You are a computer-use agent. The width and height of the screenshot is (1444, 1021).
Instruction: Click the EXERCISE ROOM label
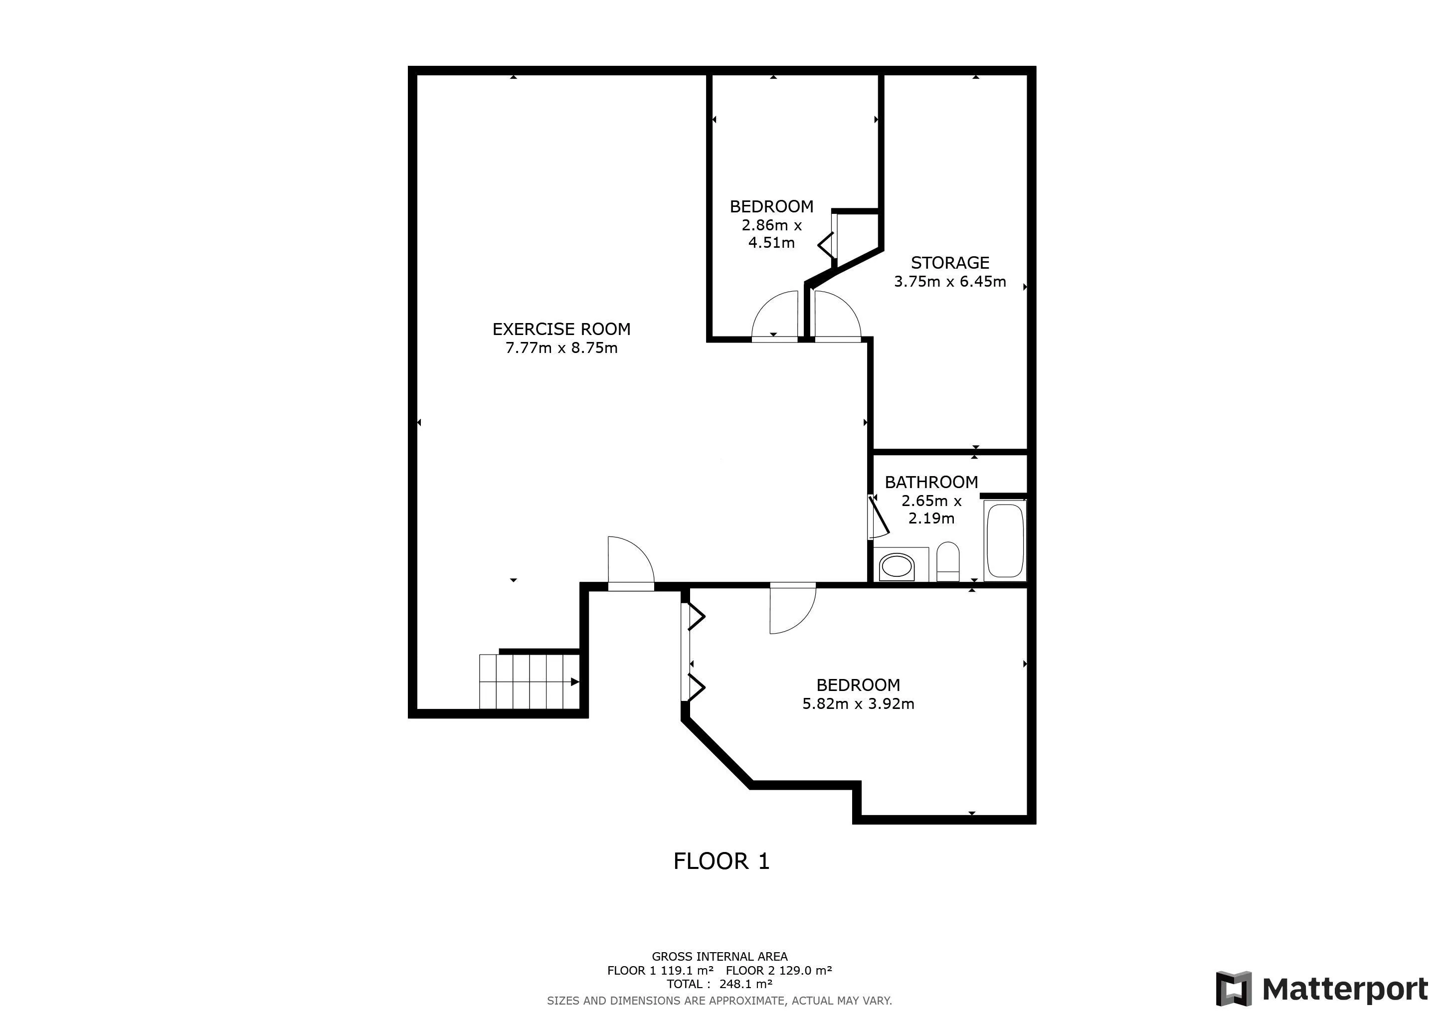[561, 329]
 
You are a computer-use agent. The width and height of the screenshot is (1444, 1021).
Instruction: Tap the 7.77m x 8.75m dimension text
[561, 347]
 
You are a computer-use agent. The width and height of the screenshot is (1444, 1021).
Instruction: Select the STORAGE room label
[950, 263]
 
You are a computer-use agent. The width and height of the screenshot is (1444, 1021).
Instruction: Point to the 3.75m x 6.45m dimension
[950, 282]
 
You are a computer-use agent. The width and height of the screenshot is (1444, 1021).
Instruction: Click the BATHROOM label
[931, 482]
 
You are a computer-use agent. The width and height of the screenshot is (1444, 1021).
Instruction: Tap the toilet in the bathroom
[948, 561]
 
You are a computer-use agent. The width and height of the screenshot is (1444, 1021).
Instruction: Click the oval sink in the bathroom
[896, 566]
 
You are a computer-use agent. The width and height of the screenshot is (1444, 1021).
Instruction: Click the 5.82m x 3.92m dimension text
[858, 703]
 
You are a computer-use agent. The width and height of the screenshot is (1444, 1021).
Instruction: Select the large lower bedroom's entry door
[791, 609]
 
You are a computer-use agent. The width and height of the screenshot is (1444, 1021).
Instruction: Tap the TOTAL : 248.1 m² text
[720, 984]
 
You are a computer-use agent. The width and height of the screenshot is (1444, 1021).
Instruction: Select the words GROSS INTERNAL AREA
[720, 956]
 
